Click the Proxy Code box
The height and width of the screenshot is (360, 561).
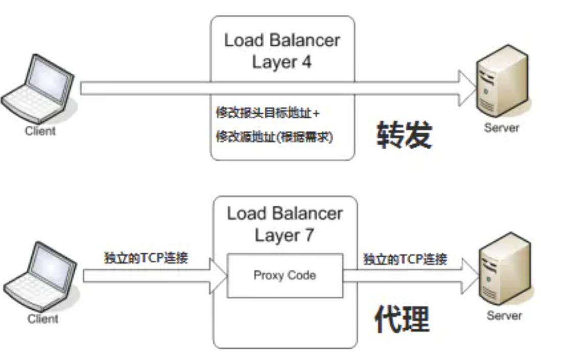285,276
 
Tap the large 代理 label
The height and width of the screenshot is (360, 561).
402,320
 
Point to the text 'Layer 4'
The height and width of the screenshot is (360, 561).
282,62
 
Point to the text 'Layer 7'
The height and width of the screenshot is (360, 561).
284,235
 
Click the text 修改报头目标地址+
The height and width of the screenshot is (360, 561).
268,112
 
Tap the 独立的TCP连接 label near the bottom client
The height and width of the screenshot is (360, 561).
146,257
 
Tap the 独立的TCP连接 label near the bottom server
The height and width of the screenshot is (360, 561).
405,259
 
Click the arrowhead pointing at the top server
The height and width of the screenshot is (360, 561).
467,88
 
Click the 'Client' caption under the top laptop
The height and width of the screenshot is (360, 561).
40,131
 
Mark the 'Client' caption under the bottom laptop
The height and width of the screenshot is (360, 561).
43,319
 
